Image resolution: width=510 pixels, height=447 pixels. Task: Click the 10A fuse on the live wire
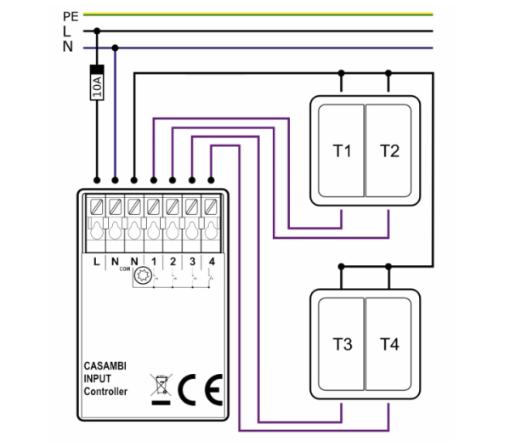pos(97,82)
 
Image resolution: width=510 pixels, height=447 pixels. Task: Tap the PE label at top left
pos(71,17)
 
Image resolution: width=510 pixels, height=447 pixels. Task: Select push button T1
pos(341,150)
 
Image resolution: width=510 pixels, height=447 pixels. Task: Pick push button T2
pos(388,150)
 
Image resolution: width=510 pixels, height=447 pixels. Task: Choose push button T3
pos(341,344)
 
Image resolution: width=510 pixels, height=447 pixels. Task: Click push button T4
pos(388,344)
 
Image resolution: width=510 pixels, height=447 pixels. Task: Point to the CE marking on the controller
pos(201,389)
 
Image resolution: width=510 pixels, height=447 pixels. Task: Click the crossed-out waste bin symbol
pos(161,389)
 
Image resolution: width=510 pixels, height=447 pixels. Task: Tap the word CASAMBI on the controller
pos(105,366)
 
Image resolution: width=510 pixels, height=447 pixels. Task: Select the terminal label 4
pos(212,262)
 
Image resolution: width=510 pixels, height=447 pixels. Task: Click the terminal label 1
pos(154,262)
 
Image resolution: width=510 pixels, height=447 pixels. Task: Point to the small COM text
pos(125,269)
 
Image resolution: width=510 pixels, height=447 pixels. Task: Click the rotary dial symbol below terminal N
pos(143,275)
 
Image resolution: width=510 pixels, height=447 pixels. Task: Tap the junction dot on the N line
pos(115,48)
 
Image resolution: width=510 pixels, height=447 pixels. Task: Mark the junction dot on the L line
pos(97,31)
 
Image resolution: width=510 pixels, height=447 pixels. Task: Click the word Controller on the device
pos(105,392)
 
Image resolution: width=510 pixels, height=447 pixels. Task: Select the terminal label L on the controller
pos(96,262)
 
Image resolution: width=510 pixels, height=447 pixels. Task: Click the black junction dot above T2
pos(388,73)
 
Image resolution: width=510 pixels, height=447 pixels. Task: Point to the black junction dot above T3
pos(341,267)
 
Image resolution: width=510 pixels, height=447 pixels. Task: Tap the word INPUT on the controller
pos(97,379)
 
